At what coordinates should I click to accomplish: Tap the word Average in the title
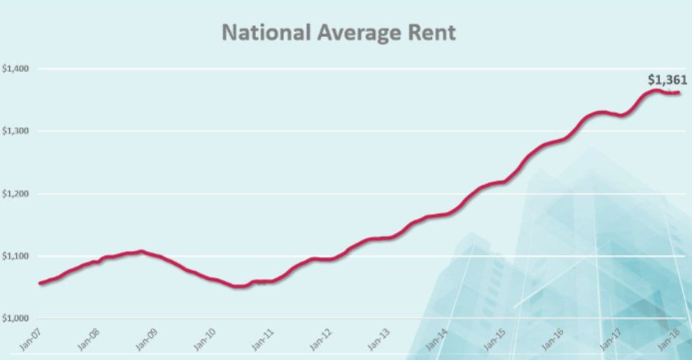[x=358, y=32]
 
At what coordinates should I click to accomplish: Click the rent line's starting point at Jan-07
[x=40, y=283]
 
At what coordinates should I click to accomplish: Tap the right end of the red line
[x=678, y=92]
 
